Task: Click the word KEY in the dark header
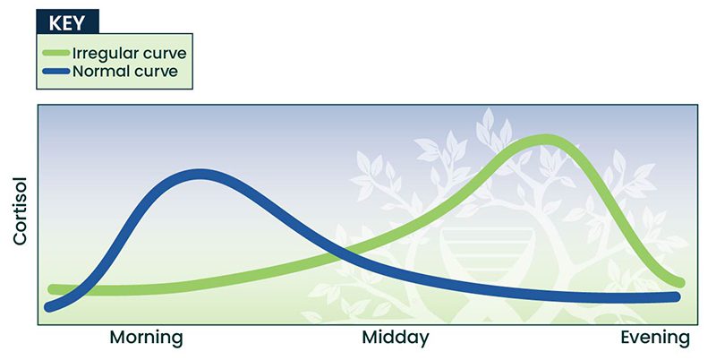[x=66, y=23]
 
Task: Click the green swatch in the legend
[x=55, y=53]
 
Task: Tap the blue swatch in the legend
[x=55, y=71]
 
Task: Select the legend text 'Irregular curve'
[x=130, y=53]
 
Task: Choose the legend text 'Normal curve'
[x=125, y=72]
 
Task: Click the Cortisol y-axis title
[x=20, y=211]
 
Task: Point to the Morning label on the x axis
[x=146, y=339]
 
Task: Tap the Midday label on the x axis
[x=396, y=339]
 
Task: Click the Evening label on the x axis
[x=655, y=339]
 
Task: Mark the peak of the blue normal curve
[x=200, y=175]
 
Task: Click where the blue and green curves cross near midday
[x=344, y=256]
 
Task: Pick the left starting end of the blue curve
[x=49, y=307]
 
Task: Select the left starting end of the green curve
[x=53, y=289]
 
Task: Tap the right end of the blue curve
[x=676, y=297]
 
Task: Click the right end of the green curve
[x=679, y=282]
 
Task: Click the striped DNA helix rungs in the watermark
[x=488, y=249]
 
